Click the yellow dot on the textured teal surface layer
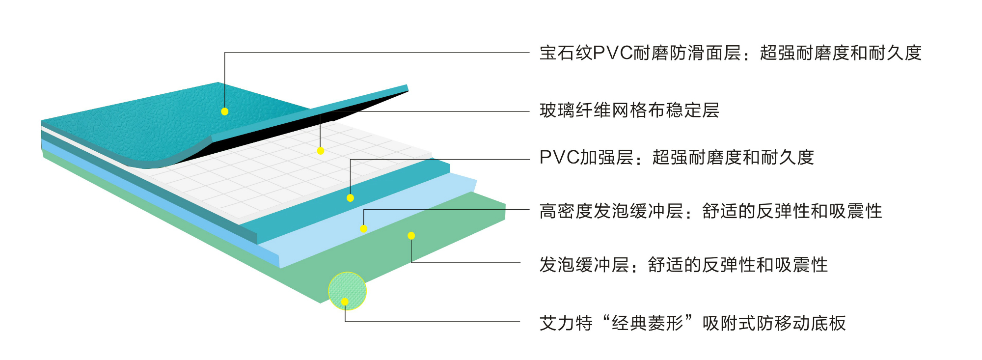click(224, 111)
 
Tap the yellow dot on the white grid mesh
click(320, 151)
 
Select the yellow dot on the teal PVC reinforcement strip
click(350, 198)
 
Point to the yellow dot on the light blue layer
click(363, 228)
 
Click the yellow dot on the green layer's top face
click(411, 236)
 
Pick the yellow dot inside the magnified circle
click(345, 302)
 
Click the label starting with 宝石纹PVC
click(730, 53)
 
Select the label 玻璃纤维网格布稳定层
click(629, 111)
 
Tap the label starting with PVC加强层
click(676, 158)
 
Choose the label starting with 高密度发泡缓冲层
click(710, 211)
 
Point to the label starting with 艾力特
click(692, 323)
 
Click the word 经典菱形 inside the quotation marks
click(647, 323)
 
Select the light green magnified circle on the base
click(347, 291)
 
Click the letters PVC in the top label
click(612, 53)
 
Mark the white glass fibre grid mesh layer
click(275, 182)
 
